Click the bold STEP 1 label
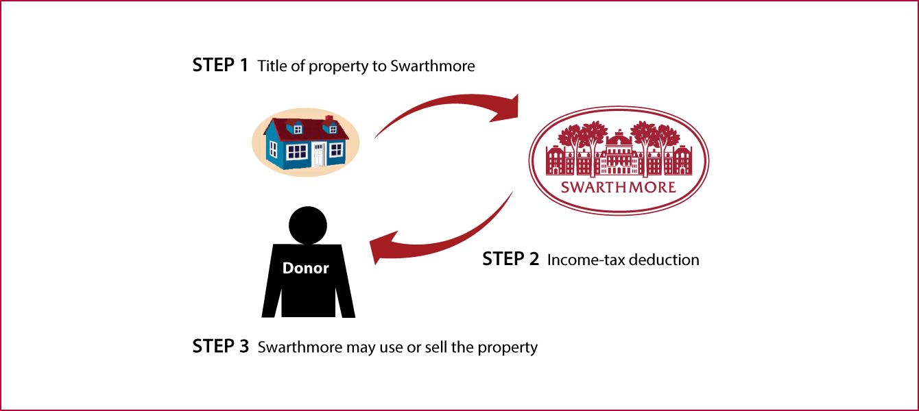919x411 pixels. pos(220,65)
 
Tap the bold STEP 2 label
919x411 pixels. pos(510,259)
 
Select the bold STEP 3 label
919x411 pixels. pos(221,346)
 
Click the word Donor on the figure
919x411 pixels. pos(306,268)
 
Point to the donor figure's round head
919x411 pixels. pos(308,225)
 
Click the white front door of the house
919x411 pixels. pos(319,155)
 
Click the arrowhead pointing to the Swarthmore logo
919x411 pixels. pos(507,109)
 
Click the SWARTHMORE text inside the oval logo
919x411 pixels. pos(619,187)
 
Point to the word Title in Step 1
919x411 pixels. pos(272,66)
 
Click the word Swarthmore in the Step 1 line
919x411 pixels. pos(433,66)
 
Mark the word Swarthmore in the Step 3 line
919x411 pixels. pos(300,347)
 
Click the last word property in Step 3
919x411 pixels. pos(508,348)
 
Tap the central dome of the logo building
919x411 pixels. pos(619,139)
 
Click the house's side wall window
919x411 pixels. pos(273,149)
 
